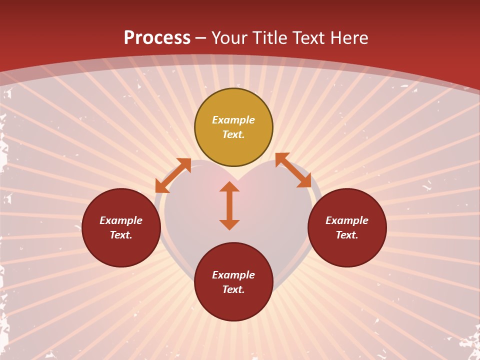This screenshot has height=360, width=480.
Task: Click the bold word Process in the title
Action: [157, 38]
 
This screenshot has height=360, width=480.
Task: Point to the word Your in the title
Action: [230, 38]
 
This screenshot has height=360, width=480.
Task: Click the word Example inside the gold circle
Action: [233, 120]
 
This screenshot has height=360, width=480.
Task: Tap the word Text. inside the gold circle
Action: [233, 134]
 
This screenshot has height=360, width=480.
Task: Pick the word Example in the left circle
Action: [121, 220]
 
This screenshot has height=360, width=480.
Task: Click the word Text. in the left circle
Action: [121, 235]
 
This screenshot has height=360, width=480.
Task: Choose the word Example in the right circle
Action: [347, 220]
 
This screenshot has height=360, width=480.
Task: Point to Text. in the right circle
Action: [347, 235]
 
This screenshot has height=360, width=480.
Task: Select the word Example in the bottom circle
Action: [233, 275]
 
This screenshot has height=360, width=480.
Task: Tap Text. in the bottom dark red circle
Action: [233, 289]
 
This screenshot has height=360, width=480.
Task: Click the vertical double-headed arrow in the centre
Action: [229, 205]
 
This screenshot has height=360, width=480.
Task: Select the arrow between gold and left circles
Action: [173, 175]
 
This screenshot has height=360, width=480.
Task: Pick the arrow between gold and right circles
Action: [293, 170]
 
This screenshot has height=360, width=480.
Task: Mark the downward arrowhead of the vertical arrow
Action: [229, 224]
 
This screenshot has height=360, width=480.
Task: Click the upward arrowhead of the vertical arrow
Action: [229, 186]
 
